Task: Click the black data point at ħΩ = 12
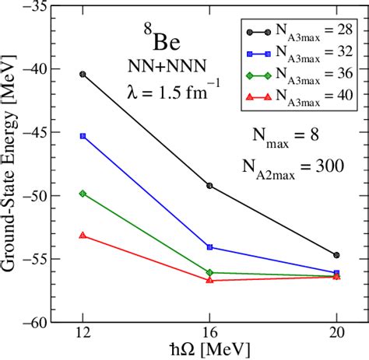click(83, 74)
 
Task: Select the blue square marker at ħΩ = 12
click(83, 136)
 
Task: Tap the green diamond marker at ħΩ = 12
click(83, 193)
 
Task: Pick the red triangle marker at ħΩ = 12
click(83, 235)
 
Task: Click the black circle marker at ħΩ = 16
click(209, 186)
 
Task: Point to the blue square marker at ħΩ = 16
click(209, 247)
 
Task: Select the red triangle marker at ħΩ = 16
click(209, 280)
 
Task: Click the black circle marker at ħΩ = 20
click(336, 255)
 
